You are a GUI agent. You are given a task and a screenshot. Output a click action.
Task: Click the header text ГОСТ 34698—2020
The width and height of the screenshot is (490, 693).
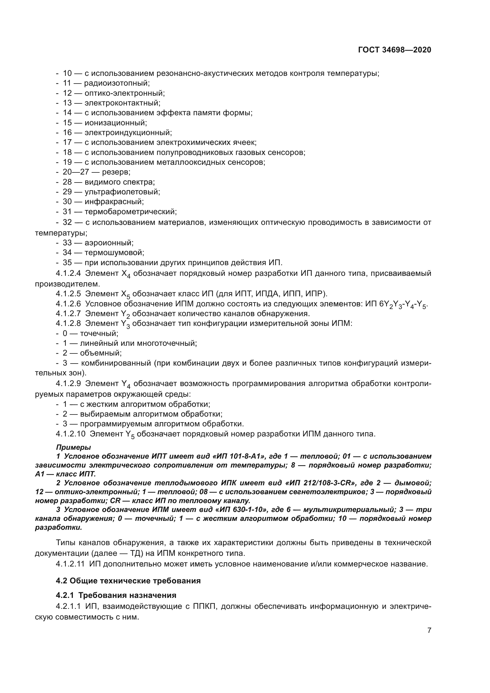click(x=394, y=50)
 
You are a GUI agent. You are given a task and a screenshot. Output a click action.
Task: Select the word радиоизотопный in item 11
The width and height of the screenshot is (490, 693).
click(x=117, y=83)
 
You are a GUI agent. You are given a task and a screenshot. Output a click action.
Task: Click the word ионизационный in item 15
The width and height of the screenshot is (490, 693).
click(x=116, y=123)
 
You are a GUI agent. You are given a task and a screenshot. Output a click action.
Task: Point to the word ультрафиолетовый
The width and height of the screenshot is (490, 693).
click(x=122, y=192)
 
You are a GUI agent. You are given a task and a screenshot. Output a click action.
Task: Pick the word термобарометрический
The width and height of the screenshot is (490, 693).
click(x=130, y=212)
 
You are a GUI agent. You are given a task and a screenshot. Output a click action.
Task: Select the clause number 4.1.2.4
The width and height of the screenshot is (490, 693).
click(x=68, y=273)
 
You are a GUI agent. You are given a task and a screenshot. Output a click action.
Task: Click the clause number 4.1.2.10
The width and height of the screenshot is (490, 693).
click(x=71, y=434)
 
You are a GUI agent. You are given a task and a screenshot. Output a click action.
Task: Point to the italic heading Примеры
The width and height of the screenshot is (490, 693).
click(x=73, y=447)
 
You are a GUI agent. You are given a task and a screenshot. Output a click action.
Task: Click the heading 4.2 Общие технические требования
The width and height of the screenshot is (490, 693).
click(x=128, y=581)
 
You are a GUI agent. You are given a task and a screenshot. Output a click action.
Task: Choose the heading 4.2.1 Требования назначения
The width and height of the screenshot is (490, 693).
click(x=116, y=595)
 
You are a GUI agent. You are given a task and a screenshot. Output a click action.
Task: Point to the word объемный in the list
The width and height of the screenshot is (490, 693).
click(x=100, y=353)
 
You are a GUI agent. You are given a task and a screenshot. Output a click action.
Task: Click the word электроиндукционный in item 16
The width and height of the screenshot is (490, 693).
click(x=128, y=132)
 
